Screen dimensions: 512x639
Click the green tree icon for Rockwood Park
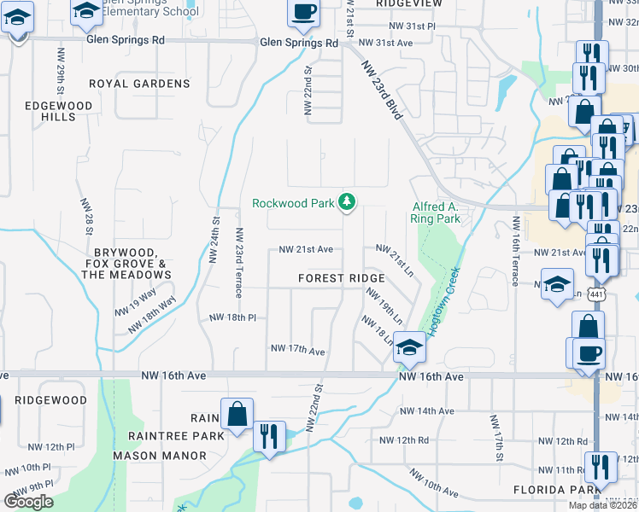347,202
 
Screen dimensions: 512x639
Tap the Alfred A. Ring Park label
436,212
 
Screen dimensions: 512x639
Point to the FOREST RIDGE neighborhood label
342,279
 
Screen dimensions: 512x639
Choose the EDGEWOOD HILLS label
51,110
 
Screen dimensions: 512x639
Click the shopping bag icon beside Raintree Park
237,414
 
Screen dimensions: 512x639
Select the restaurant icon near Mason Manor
269,436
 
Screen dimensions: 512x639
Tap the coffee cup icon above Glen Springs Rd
303,12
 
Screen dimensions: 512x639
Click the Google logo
28,502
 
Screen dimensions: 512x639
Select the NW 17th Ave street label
297,350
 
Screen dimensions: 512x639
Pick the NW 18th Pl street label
233,317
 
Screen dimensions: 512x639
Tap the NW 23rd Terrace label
240,257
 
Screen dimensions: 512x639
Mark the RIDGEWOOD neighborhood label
51,399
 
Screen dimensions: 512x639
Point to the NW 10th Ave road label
440,489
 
